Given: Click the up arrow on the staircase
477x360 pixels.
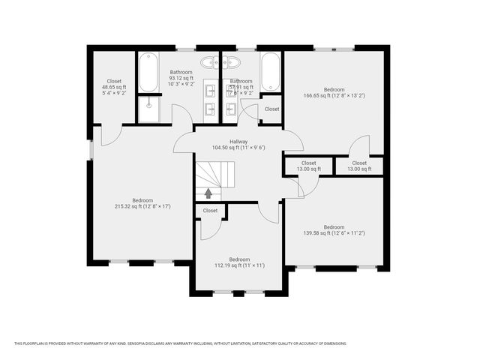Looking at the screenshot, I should click(208, 193).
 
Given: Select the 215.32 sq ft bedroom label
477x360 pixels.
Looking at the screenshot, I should click(142, 202).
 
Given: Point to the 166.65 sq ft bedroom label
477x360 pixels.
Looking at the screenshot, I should click(334, 92).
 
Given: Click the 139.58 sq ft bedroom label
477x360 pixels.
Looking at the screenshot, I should click(334, 230).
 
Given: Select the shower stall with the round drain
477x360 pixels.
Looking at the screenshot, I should click(149, 109).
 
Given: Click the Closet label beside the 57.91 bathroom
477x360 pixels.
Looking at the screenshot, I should click(271, 109).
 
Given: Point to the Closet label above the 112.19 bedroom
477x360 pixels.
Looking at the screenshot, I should click(210, 211).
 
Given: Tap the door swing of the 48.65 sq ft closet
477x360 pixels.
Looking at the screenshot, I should click(109, 135).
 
